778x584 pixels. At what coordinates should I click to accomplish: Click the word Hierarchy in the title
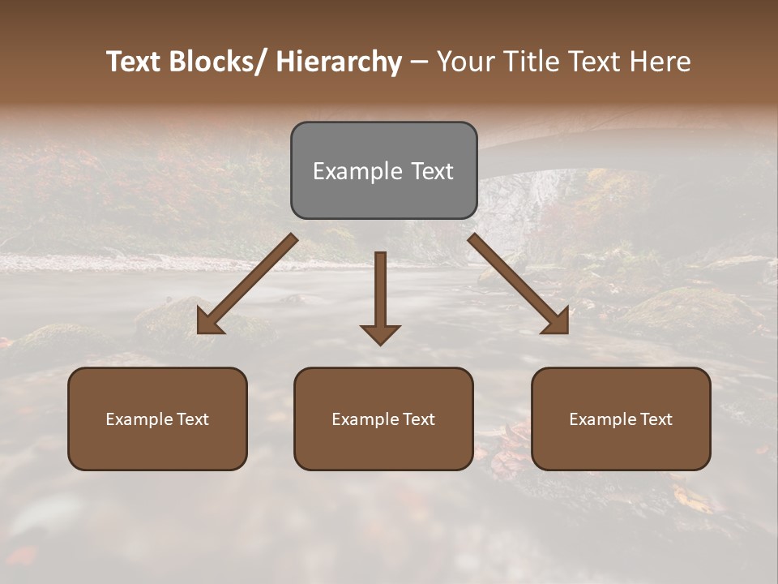point(339,62)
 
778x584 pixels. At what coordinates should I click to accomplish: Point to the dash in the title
point(419,62)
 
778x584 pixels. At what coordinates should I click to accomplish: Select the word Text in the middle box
point(417,419)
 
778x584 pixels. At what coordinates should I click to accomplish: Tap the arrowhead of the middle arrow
point(380,333)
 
